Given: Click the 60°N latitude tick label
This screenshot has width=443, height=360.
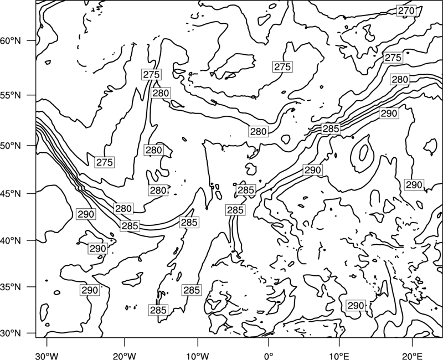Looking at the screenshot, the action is (x=11, y=41).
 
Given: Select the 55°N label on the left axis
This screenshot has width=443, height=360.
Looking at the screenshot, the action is (x=11, y=95).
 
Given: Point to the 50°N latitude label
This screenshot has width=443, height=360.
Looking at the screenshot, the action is (x=11, y=146).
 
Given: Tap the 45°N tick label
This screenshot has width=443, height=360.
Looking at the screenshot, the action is (x=11, y=193).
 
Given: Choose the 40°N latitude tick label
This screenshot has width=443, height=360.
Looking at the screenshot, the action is (x=11, y=241).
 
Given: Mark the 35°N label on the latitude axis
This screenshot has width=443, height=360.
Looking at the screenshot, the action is (x=11, y=287).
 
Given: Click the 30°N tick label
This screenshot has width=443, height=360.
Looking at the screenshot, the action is (x=11, y=333).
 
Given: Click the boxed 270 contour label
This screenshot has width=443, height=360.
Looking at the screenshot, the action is (x=406, y=11).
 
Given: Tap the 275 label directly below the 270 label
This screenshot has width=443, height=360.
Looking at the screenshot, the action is (x=393, y=58).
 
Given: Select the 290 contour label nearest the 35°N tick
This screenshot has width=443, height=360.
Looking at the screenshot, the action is (x=90, y=290).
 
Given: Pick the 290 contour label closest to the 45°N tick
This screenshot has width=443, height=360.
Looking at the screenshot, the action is (x=86, y=214).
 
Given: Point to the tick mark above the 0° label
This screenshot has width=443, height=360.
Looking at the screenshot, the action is (x=269, y=341).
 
